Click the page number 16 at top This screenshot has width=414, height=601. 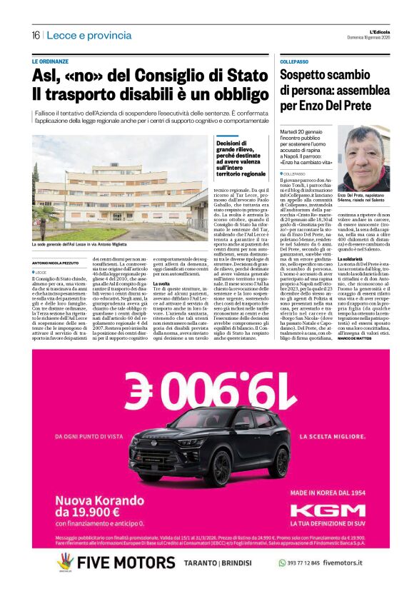pyautogui.click(x=35, y=35)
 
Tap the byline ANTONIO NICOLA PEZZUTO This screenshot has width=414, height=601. pyautogui.click(x=58, y=263)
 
